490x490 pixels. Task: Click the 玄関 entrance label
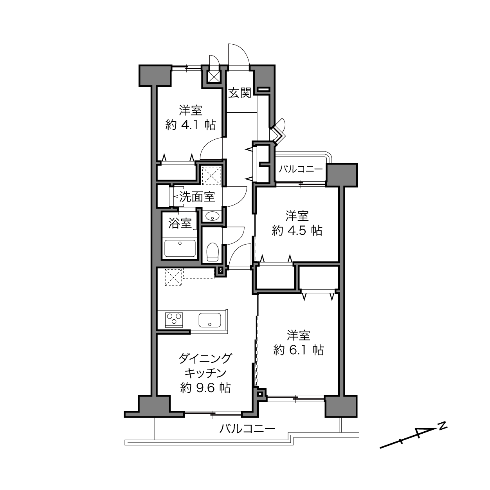(x=240, y=93)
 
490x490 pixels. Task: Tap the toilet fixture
(x=213, y=252)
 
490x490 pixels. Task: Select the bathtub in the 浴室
(x=180, y=248)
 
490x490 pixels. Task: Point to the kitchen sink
(x=210, y=320)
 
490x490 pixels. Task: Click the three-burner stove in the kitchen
(x=174, y=320)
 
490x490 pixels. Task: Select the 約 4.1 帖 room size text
(x=191, y=125)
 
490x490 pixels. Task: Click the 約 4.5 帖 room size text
(x=297, y=231)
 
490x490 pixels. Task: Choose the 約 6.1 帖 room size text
(x=299, y=350)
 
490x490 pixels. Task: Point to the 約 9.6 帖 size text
(x=205, y=388)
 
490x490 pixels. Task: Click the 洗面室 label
(x=197, y=196)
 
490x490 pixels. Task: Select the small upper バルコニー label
(x=301, y=169)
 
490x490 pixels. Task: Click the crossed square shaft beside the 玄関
(x=214, y=76)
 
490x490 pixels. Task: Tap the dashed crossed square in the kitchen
(x=174, y=277)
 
